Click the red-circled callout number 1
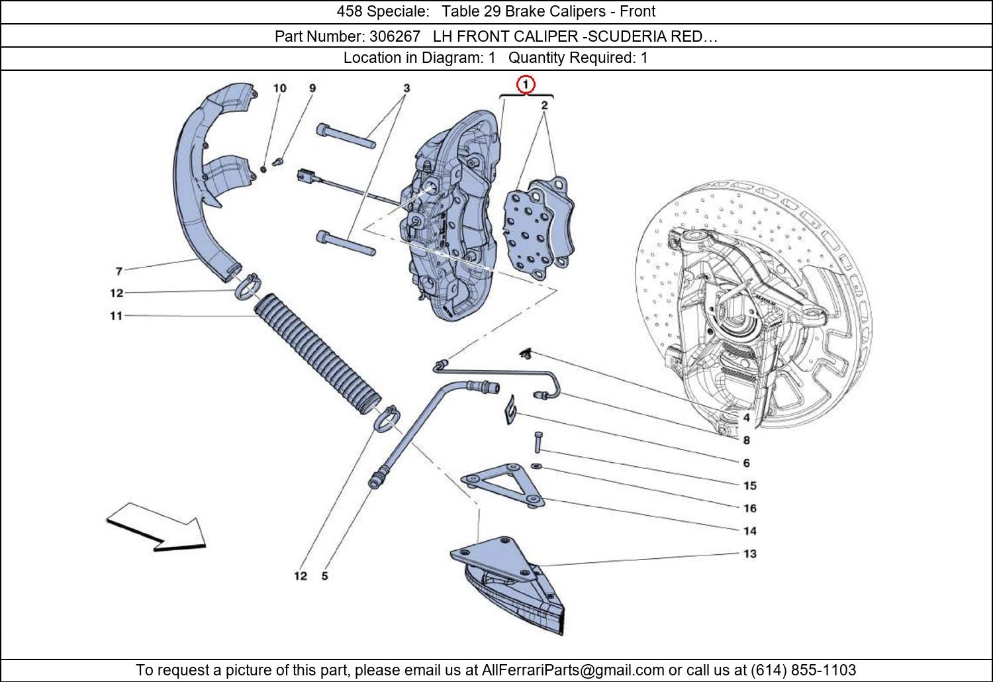tap(526, 84)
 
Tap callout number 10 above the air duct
tap(280, 88)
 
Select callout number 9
tap(312, 88)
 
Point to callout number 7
tap(118, 271)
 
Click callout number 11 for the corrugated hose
tap(116, 316)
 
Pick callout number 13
tap(749, 554)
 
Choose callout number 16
tap(749, 508)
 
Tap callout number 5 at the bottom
tap(325, 576)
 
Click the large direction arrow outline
tap(156, 527)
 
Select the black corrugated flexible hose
tap(317, 354)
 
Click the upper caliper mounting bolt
tap(346, 136)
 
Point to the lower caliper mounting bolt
tap(346, 243)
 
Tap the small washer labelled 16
tap(536, 466)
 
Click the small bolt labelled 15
tap(538, 442)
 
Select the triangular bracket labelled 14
tap(503, 485)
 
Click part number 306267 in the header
tap(395, 36)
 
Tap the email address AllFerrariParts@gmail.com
tap(573, 670)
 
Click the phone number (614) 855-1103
tap(803, 669)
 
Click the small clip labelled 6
tap(510, 409)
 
